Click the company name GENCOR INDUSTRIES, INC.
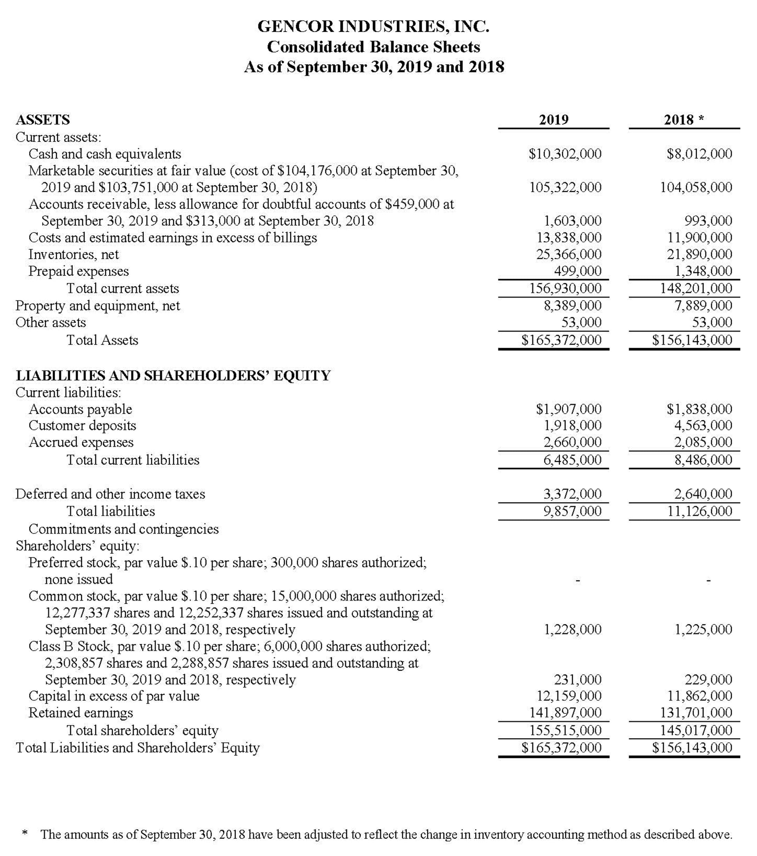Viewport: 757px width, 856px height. pos(373,27)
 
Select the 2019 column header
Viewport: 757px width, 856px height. pos(553,120)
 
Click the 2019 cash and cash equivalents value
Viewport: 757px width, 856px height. pos(565,154)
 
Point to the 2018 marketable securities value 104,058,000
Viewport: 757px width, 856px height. pos(696,187)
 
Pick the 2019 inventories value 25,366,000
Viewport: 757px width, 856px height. pos(569,254)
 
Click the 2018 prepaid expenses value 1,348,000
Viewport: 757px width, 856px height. pos(703,271)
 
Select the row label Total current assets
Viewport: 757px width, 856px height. pos(123,288)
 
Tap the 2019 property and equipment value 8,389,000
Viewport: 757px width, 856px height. pos(573,305)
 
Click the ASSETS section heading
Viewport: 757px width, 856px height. pos(43,120)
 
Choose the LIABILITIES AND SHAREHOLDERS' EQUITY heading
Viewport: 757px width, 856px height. pos(173,376)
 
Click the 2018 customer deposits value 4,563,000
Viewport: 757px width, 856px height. pos(703,426)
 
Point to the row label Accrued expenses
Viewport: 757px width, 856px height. pos(81,442)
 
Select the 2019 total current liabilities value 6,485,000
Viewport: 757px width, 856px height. pos(573,460)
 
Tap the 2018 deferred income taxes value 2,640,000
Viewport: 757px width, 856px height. pos(703,494)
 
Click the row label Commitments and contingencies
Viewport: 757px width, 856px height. pos(123,529)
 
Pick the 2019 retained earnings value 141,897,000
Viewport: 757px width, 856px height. pos(565,712)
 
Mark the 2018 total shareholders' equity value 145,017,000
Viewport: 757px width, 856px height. pos(696,730)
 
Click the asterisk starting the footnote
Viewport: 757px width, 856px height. pos(25,833)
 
